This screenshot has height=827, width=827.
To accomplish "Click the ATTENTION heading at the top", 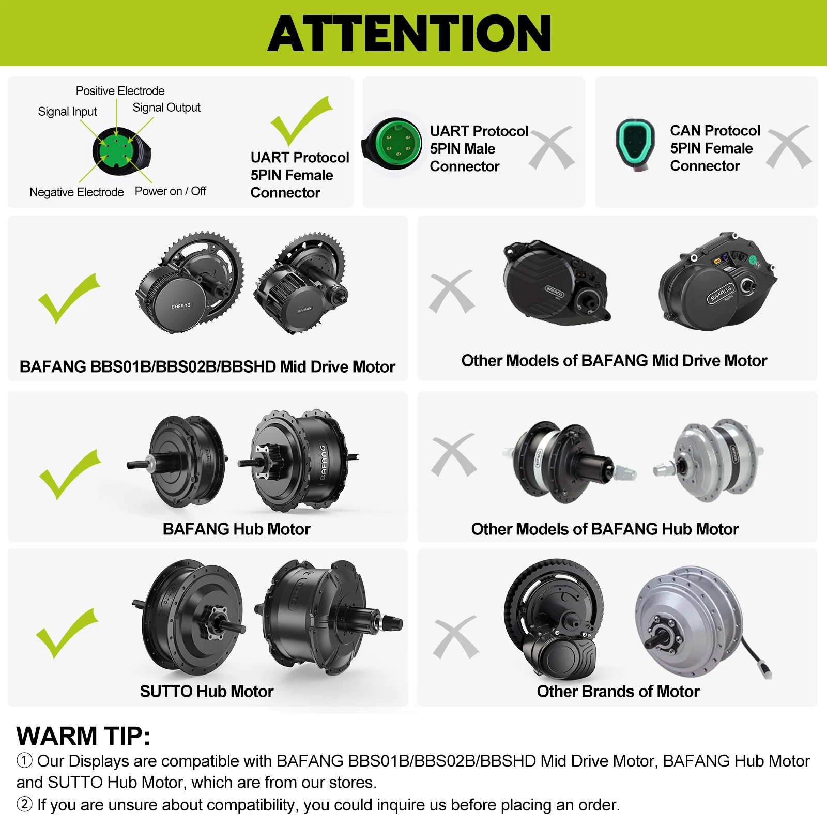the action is [409, 33].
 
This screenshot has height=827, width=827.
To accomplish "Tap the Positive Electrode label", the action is [120, 91].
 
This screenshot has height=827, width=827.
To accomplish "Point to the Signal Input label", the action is [67, 112].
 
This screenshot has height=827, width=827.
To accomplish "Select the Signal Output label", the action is [166, 108].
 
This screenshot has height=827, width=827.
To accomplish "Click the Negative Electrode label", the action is [76, 192].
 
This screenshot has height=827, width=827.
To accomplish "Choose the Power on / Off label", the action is [171, 191].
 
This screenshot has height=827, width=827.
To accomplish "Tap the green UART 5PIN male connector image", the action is [392, 143].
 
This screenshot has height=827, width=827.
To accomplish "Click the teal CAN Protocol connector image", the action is [635, 145].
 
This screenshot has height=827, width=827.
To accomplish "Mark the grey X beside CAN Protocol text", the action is [789, 147].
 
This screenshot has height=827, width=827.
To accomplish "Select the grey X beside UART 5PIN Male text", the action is [552, 148].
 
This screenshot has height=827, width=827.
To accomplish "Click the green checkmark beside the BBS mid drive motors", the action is [68, 298].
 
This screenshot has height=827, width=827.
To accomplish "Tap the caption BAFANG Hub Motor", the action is [236, 529].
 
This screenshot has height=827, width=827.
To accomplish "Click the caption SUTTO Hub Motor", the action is [207, 691].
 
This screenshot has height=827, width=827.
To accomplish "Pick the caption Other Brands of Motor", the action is [618, 691].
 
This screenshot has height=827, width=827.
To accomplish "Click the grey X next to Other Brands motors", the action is [456, 637].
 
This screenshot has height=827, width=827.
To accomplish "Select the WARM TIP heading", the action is [83, 736].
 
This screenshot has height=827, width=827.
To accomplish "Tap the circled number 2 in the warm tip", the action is [24, 804].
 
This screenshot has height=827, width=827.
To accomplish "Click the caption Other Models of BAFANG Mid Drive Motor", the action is [614, 360].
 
